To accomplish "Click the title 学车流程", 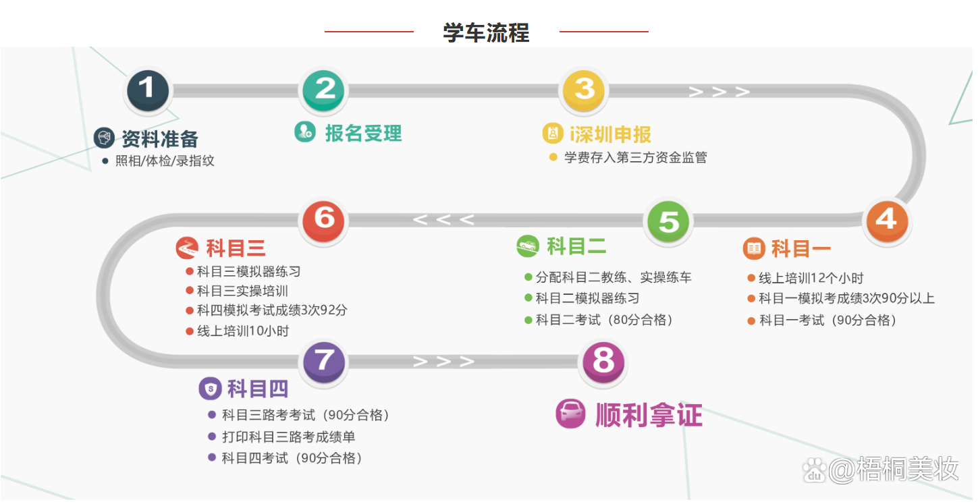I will point(486,32).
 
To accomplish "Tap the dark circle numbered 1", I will point(148,89).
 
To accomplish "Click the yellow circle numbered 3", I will point(585,89).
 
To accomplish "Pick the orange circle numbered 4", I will point(887,219).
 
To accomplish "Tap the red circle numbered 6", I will point(325,219).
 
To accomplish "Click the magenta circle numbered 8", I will point(603,362).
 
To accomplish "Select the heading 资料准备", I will point(160,138).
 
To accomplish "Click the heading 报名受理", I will point(363,133).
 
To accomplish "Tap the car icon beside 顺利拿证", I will point(570,414).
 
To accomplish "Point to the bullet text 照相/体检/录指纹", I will point(165,161).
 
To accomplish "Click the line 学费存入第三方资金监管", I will point(635,158).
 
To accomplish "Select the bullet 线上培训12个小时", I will point(811,278).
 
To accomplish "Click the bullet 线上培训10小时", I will point(243,331).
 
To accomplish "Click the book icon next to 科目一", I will point(753,248).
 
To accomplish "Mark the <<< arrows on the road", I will point(443,220).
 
